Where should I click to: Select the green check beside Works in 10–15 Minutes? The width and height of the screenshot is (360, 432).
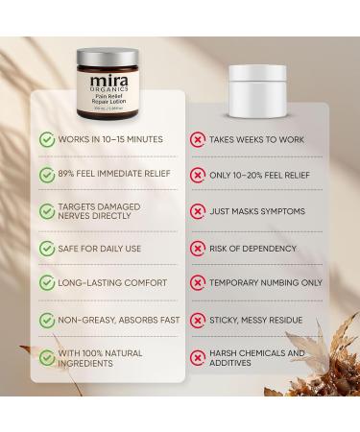46,140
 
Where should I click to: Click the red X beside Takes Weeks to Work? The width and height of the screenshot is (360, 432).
198,140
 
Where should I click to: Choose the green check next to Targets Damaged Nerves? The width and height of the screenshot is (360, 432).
46,212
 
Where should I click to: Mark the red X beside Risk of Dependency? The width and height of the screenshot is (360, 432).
198,248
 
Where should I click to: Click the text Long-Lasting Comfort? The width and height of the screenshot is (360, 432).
111,283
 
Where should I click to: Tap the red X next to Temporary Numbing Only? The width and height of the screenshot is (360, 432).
198,283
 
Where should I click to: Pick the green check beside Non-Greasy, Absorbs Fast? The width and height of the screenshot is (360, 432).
46,319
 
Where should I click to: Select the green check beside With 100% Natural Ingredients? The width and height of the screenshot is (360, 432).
46,359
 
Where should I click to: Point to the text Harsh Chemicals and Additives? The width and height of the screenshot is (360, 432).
257,359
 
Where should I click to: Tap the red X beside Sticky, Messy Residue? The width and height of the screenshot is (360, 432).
198,319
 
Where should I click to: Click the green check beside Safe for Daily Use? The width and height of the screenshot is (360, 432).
46,248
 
